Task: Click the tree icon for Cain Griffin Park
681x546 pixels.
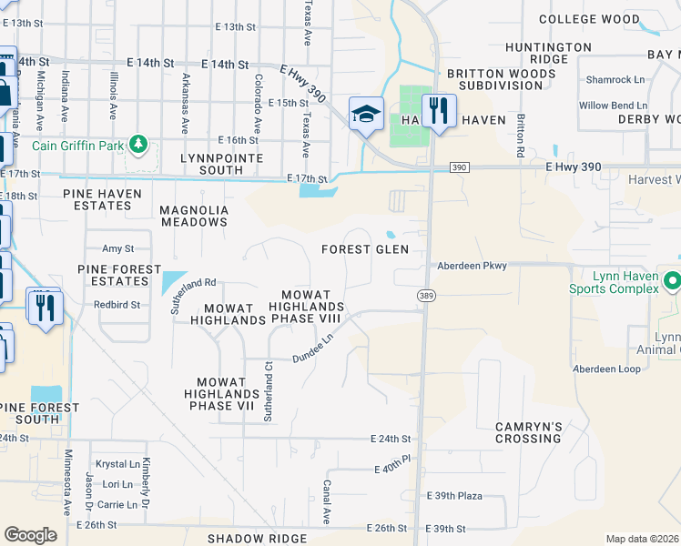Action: pos(137,144)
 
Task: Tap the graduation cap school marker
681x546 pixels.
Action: pos(366,114)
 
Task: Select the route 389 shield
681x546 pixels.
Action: pos(425,296)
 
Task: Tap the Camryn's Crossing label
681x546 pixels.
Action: pos(529,432)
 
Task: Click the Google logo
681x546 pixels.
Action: pos(30,534)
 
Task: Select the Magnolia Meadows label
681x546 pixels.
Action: pos(193,216)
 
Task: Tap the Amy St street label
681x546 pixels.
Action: pos(117,248)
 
